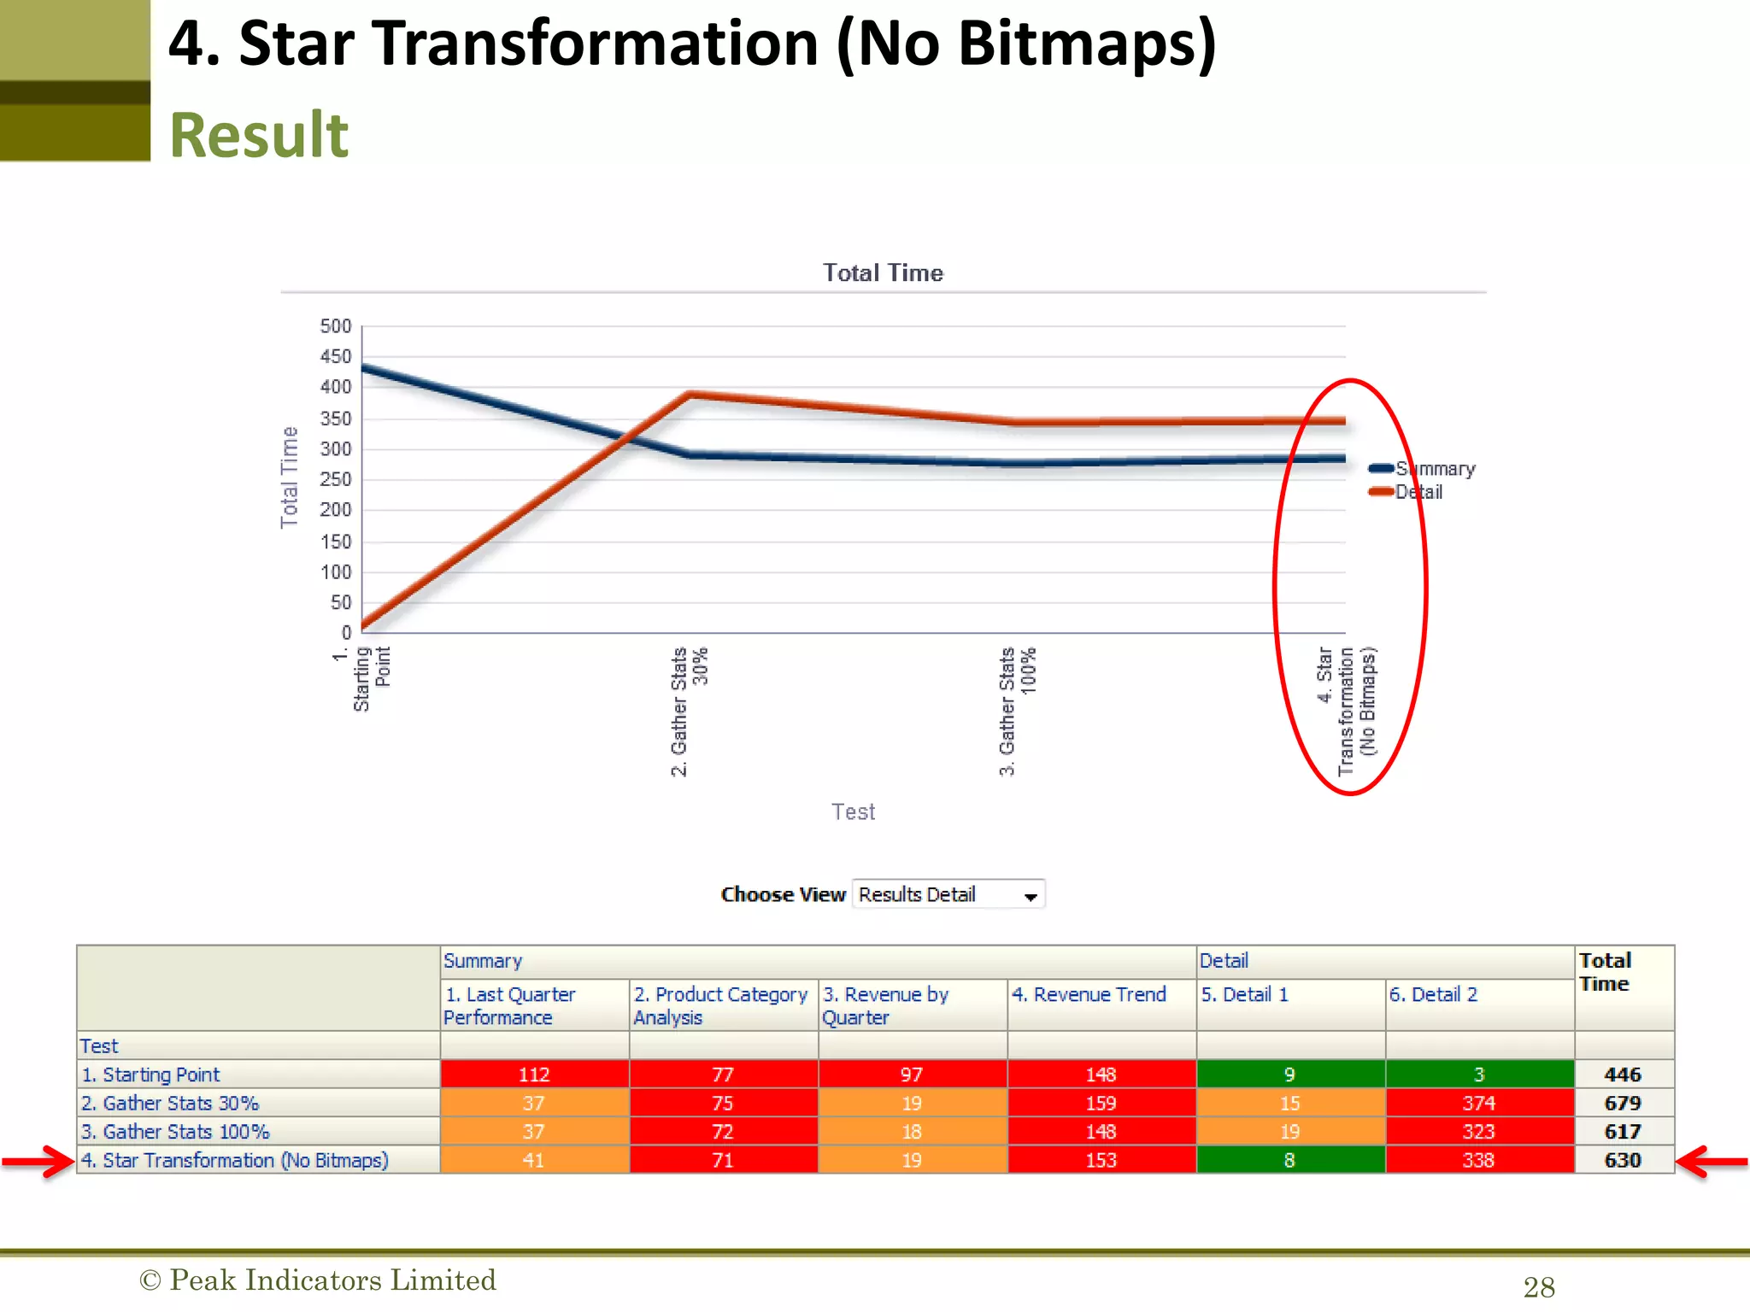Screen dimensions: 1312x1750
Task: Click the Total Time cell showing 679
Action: coord(1622,1103)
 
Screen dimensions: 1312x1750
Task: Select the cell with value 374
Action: coord(1478,1103)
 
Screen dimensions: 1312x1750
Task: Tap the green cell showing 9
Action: coord(1289,1075)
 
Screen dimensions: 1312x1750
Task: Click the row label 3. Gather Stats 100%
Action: coord(176,1132)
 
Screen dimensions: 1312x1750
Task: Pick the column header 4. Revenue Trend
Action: coord(1089,994)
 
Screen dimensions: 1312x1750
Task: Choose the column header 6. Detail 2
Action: coord(1433,994)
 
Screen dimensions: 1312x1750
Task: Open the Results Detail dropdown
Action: coord(948,894)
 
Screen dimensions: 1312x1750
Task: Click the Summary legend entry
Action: coord(1424,469)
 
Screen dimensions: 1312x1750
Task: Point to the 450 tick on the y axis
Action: coord(336,356)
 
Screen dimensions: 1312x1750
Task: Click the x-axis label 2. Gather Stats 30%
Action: coord(689,711)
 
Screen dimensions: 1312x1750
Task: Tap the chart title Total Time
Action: coord(883,272)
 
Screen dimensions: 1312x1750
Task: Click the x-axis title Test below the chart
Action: coord(853,811)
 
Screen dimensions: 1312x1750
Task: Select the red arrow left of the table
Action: coord(38,1161)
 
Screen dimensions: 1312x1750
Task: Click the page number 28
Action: coord(1538,1286)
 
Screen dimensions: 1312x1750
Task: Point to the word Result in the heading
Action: coord(259,135)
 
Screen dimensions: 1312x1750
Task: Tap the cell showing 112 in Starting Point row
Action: coord(534,1075)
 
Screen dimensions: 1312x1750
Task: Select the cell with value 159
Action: coord(1101,1103)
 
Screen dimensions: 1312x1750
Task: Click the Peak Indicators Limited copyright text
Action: coord(318,1280)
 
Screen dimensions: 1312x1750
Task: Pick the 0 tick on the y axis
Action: coord(346,632)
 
